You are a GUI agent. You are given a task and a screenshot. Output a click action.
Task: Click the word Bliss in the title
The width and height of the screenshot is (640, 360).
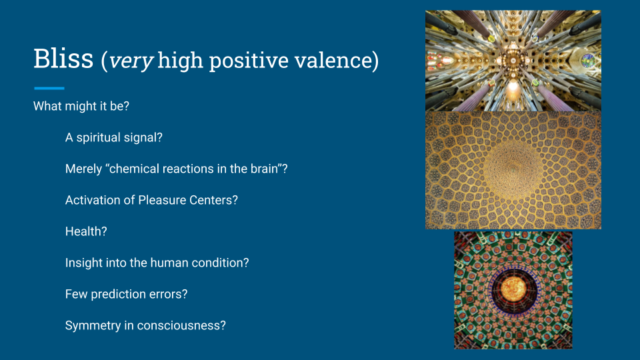pyautogui.click(x=63, y=59)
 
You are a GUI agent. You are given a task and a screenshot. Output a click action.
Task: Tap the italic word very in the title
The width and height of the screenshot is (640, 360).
pyautogui.click(x=131, y=61)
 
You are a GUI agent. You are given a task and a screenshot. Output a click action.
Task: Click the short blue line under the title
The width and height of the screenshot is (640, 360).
pyautogui.click(x=49, y=88)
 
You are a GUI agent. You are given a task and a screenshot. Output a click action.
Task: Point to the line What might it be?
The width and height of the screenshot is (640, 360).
pyautogui.click(x=81, y=106)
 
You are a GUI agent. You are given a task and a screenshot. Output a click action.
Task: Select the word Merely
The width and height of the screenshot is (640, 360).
pyautogui.click(x=84, y=169)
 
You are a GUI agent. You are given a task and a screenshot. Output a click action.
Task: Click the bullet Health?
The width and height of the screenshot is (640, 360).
pyautogui.click(x=86, y=231)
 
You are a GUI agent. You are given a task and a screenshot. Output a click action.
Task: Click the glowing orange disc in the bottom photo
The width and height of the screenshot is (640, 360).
pyautogui.click(x=513, y=289)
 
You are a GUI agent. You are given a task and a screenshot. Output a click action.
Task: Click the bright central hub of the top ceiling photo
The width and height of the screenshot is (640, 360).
pyautogui.click(x=513, y=61)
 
